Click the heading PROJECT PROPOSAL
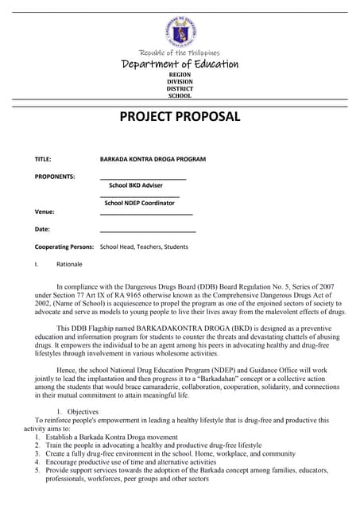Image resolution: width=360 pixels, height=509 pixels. click(x=180, y=117)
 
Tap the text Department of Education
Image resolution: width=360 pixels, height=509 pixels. click(x=180, y=64)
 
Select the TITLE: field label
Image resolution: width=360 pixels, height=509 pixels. click(x=43, y=159)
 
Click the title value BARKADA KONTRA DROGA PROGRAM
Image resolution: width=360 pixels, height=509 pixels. click(x=153, y=159)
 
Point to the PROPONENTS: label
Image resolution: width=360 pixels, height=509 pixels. click(x=55, y=176)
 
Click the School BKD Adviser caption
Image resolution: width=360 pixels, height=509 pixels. click(x=135, y=185)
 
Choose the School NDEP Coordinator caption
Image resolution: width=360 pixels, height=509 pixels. click(x=139, y=203)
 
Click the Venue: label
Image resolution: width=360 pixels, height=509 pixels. click(x=45, y=212)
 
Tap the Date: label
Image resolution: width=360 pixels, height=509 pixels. click(x=42, y=229)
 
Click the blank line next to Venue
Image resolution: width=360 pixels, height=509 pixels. click(x=146, y=213)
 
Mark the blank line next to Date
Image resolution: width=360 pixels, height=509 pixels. click(x=148, y=231)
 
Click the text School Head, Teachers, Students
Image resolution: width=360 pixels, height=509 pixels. click(x=144, y=247)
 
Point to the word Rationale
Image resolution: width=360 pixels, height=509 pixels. click(x=69, y=264)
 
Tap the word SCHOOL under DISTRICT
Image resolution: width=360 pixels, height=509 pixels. click(x=180, y=95)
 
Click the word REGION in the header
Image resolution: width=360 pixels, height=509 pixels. click(x=180, y=74)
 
